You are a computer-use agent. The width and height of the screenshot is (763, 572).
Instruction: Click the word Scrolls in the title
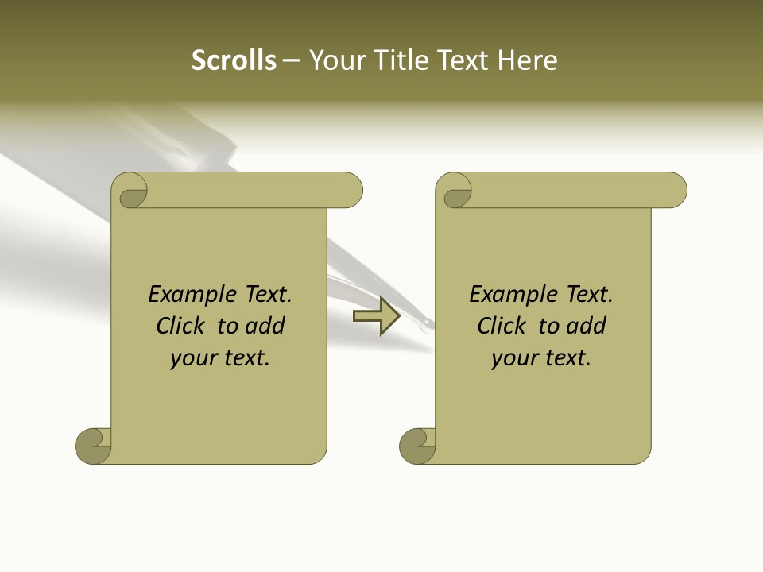(234, 60)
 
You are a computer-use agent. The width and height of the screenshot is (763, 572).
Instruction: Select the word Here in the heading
(528, 60)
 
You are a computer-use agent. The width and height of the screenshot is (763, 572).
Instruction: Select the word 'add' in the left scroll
(266, 326)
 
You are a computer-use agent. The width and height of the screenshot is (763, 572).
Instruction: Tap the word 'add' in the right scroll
(587, 326)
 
